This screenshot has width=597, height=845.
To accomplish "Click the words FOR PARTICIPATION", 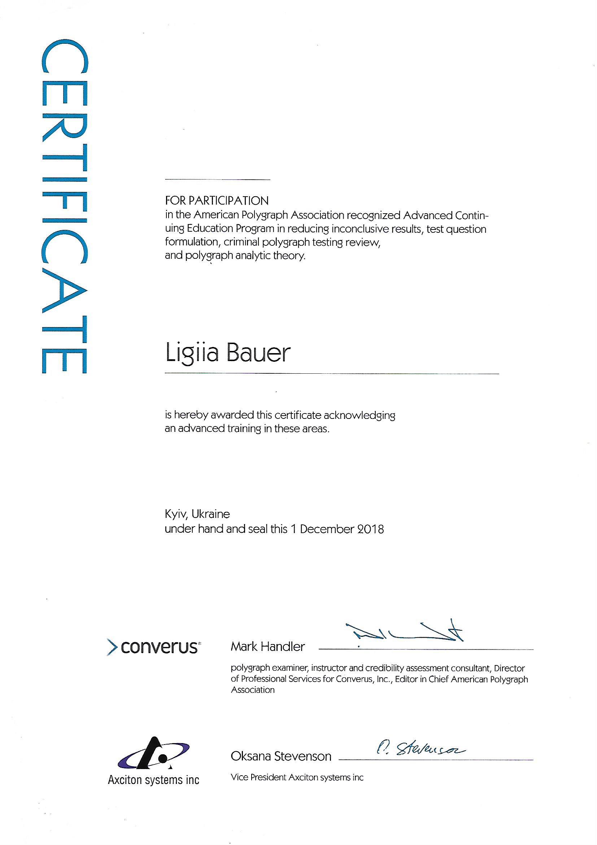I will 217,201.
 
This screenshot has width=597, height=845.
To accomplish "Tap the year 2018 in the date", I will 370,529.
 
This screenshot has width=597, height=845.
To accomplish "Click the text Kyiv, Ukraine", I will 197,514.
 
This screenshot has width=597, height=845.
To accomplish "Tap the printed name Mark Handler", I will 267,647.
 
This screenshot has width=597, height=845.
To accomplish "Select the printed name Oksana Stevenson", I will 281,756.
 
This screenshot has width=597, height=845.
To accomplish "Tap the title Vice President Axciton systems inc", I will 297,777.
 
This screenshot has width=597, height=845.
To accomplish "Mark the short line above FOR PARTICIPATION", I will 218,180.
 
